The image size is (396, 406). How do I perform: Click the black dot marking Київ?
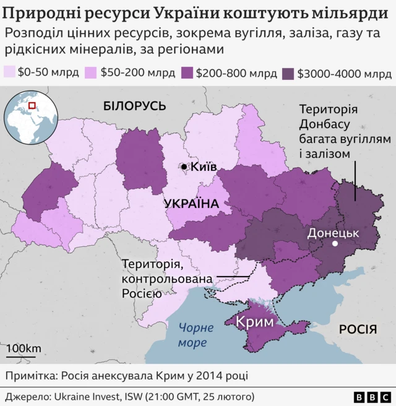(184, 167)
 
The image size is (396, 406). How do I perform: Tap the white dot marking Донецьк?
(335, 244)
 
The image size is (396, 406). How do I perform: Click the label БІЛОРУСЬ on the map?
(135, 106)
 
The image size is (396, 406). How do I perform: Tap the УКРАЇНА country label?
(192, 204)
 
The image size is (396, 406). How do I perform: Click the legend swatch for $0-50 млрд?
(10, 72)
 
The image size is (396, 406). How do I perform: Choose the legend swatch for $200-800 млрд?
(185, 72)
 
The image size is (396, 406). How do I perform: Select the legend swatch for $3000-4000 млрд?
(287, 72)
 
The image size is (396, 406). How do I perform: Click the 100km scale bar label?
(24, 348)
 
